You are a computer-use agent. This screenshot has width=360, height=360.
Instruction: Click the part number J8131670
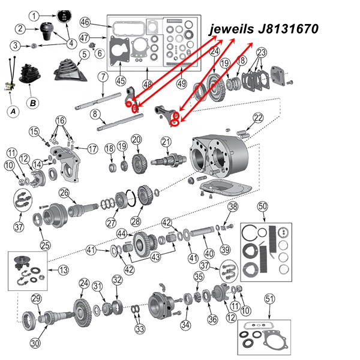(286, 28)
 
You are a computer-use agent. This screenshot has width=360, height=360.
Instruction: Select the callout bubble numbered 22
(258, 118)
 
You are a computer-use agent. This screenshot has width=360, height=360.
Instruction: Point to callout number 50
(262, 206)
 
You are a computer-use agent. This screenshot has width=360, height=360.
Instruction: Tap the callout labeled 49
(182, 82)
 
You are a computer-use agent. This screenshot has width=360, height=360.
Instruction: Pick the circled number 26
(64, 193)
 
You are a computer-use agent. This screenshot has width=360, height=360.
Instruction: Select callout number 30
(35, 343)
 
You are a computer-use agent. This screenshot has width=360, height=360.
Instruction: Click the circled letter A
(13, 111)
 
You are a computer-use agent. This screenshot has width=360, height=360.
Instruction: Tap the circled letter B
(33, 103)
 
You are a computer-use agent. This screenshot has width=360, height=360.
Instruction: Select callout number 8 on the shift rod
(95, 113)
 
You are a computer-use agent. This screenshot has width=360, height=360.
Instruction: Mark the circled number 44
(121, 233)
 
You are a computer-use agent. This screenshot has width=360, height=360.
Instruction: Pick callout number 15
(34, 131)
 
